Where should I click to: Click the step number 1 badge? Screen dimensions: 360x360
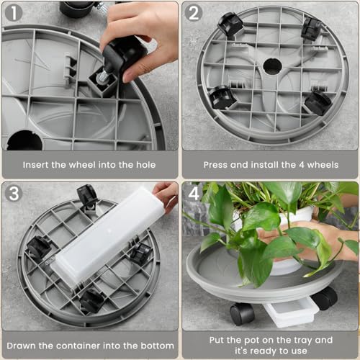[14, 13]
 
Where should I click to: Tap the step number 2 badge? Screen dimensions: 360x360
[194, 13]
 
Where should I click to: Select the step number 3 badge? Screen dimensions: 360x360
[14, 193]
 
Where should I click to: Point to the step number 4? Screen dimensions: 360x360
[194, 194]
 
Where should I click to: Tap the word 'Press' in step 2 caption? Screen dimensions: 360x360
[215, 165]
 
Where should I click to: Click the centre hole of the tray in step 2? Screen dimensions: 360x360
[272, 66]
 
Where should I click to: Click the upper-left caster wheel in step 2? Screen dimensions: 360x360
[230, 24]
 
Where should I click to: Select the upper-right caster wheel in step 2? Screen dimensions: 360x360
[311, 29]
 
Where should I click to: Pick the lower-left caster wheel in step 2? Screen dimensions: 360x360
[222, 98]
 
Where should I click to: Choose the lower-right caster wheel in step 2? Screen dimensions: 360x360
[318, 102]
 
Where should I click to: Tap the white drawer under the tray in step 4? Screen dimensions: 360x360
[292, 312]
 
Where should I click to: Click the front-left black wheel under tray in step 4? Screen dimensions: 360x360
[242, 314]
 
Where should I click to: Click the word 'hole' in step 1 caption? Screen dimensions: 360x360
[146, 165]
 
